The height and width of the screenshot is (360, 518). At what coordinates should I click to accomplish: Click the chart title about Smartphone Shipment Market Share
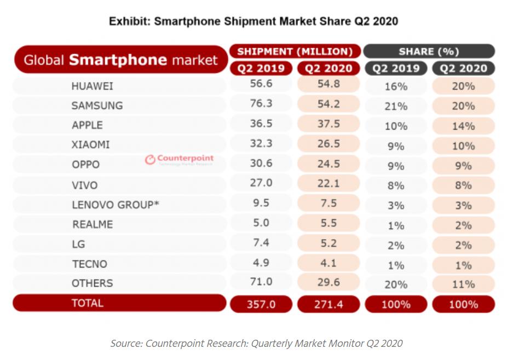point(253,21)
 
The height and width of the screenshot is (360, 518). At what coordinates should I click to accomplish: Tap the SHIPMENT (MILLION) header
point(295,51)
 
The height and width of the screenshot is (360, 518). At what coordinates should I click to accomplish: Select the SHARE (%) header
point(429,51)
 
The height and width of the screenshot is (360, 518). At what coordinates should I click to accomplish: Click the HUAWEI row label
point(92,86)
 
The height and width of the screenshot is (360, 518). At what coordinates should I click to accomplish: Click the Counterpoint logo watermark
point(180,160)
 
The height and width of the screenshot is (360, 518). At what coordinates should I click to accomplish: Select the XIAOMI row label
point(90,145)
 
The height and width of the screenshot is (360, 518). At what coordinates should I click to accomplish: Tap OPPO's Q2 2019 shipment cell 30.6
point(261,164)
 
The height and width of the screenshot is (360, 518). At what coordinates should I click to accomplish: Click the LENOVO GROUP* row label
point(116,205)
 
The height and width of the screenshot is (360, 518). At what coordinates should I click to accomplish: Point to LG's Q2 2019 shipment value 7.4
point(261,242)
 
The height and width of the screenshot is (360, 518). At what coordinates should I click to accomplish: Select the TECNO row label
point(89,264)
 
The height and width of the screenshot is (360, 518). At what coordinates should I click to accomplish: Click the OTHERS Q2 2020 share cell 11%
point(463,284)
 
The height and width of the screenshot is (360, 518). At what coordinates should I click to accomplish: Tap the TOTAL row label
point(87,303)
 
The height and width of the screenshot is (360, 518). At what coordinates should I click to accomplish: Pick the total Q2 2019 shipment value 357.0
point(261,304)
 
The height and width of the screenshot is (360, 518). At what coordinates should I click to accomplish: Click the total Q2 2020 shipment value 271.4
point(329,304)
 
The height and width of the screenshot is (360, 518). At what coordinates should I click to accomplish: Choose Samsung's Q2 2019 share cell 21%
point(396,106)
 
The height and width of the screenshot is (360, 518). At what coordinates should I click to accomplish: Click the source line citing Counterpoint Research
point(256,344)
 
